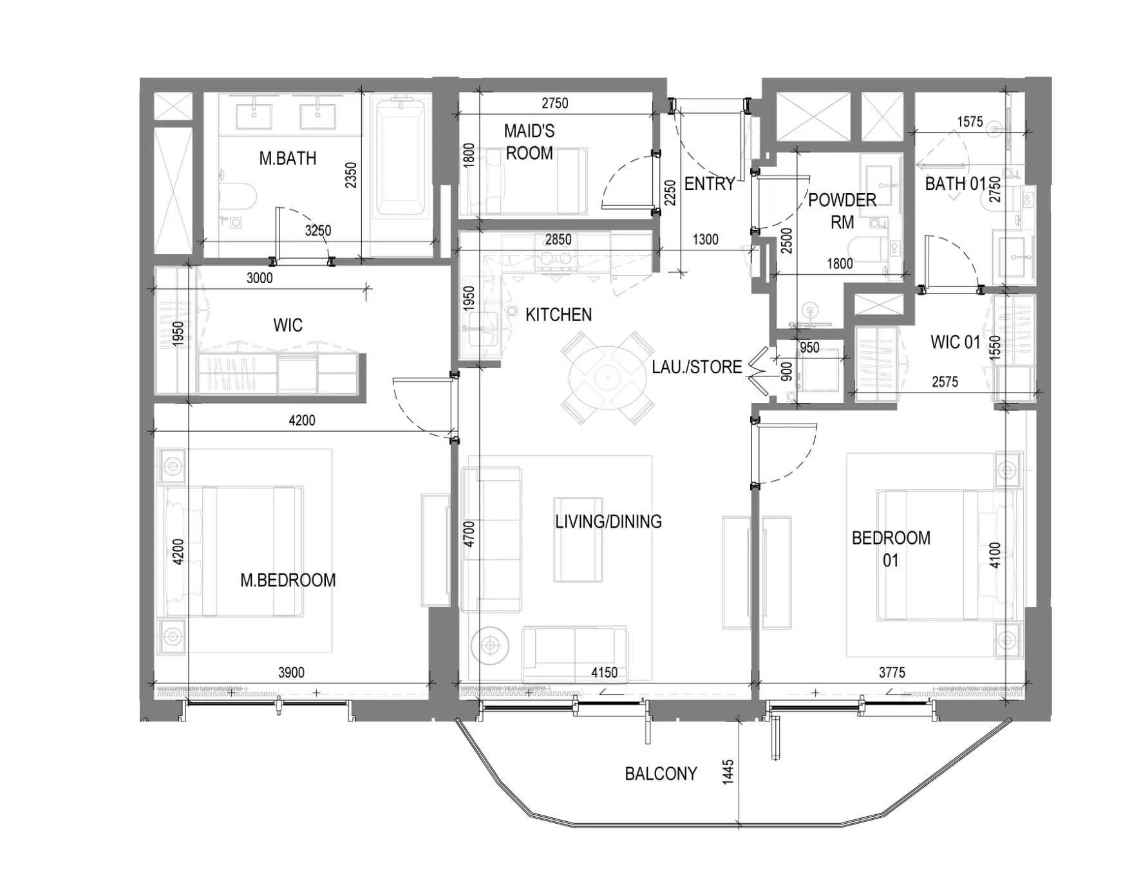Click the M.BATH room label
288,158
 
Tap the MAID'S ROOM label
529,142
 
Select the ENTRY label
710,184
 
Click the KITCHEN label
558,315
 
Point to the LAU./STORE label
697,367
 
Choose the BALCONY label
661,774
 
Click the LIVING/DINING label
608,521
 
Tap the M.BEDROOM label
288,581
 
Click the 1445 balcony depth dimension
728,772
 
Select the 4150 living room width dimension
605,673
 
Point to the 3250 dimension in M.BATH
318,230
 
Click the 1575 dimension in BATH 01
970,122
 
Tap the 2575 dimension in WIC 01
945,382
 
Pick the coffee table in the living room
578,539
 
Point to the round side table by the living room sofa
490,644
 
